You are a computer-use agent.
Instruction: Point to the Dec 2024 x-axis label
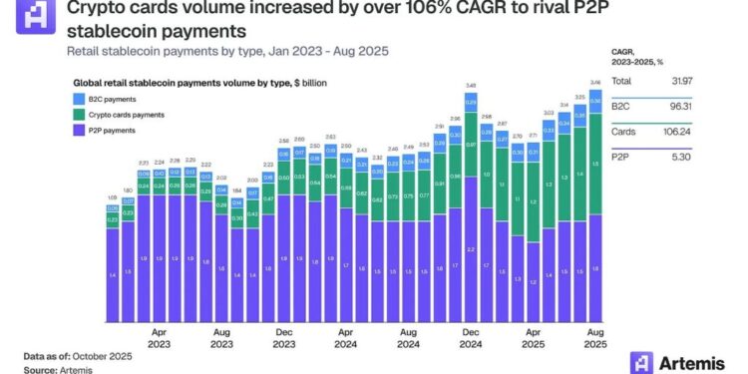tap(470, 336)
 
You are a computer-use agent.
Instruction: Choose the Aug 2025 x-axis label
tap(595, 336)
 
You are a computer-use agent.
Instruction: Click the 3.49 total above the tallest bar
tap(470, 85)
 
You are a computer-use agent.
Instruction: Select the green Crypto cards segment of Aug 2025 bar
tap(595, 165)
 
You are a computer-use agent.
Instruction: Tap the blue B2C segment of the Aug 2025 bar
tap(595, 101)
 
